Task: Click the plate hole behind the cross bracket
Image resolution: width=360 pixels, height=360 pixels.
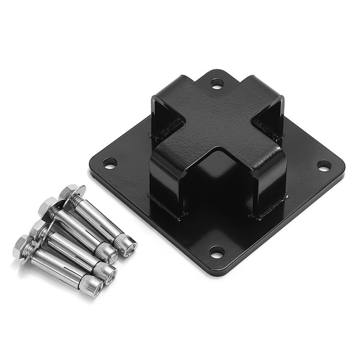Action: [x=217, y=84]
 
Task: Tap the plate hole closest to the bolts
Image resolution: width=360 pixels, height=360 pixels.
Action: [x=110, y=163]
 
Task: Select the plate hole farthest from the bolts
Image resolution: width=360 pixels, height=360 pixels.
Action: [x=324, y=166]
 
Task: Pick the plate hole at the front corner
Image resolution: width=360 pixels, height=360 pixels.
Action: [x=216, y=251]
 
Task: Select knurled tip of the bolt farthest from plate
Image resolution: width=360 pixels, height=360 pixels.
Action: [x=91, y=287]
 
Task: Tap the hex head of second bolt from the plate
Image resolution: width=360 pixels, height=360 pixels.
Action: [x=48, y=206]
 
